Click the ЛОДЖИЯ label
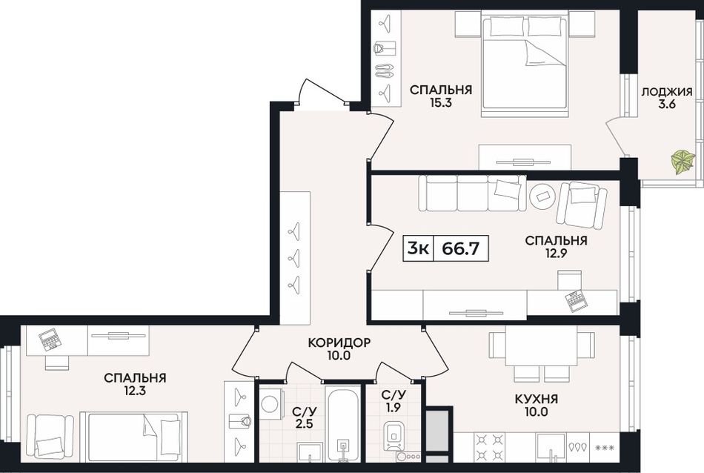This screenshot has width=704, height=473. coord(666,92)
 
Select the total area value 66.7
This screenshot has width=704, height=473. coord(460,248)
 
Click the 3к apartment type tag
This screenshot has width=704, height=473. coord(418,248)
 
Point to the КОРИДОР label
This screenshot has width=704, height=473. coord(339,343)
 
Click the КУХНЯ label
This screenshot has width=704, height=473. coord(536,399)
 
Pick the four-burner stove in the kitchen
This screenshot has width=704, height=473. coord(489,446)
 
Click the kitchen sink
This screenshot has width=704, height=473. coord(551,447)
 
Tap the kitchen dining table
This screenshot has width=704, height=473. coord(542,346)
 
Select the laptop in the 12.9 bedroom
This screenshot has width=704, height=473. coord(575,301)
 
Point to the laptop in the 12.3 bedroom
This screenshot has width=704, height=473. coord(50,340)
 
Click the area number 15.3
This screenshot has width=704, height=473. coord(440,103)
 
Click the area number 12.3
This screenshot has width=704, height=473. coord(135,391)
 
